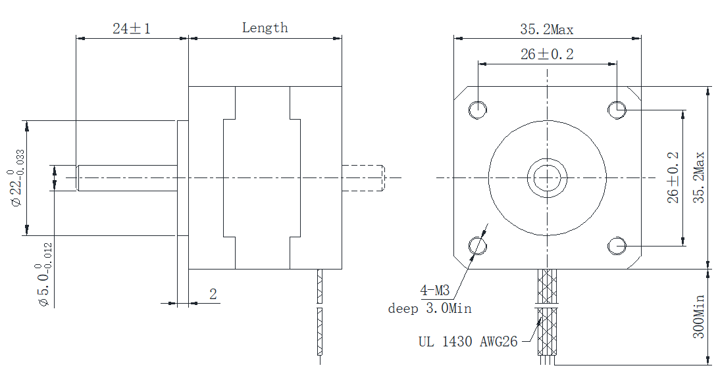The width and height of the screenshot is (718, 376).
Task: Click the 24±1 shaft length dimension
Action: pos(132,28)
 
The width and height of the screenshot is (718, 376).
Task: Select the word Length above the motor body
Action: pos(265,28)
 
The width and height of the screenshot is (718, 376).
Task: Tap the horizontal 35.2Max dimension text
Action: pos(546,29)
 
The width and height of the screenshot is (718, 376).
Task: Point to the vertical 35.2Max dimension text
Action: pos(698,177)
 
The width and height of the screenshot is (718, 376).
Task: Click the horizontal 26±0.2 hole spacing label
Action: pos(546,55)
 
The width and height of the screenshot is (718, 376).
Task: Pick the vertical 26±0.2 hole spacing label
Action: pos(673,177)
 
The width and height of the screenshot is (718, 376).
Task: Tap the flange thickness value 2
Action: pos(213,294)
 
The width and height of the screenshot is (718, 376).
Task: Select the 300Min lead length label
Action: pos(698,316)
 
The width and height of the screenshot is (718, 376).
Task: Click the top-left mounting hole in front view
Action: pos(477,109)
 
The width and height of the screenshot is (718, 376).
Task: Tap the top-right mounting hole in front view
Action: pos(617,109)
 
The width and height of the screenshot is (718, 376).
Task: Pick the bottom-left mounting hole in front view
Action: pos(477,246)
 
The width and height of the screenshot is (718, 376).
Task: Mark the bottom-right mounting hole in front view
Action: pos(617,246)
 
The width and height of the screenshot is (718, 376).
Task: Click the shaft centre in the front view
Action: pos(547,177)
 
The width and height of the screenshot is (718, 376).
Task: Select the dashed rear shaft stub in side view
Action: pos(363,177)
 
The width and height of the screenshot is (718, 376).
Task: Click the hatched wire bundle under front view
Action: pos(548,322)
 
